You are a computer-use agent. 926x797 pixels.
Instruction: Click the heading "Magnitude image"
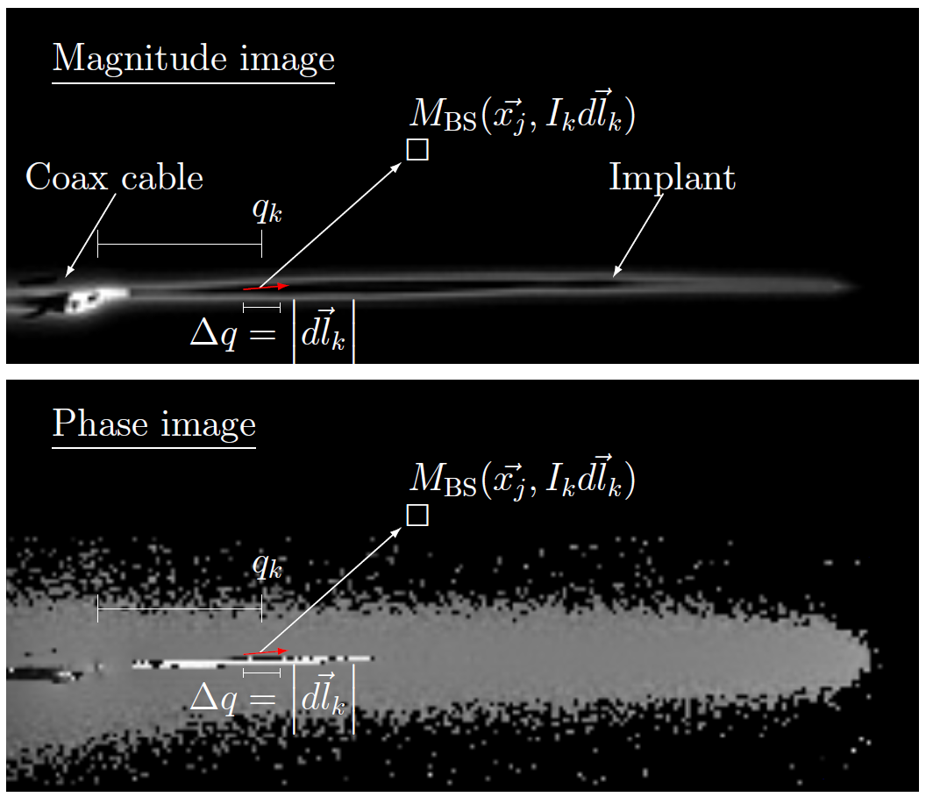pos(193,60)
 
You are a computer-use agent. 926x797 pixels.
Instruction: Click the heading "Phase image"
pos(153,424)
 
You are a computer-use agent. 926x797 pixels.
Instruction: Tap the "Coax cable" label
pos(114,178)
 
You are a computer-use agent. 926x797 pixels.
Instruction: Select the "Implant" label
pos(672,178)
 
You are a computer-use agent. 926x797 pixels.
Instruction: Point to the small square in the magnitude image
pos(417,150)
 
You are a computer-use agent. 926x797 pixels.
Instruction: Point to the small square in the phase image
pos(417,516)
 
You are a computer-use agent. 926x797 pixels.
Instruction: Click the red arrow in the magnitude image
pos(266,287)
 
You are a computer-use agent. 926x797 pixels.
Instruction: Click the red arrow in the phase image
pos(266,651)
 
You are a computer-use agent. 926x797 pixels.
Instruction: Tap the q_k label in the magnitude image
pos(267,211)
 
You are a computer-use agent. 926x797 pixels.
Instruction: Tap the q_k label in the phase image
pos(267,567)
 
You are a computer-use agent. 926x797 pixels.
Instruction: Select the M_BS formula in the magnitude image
pos(522,116)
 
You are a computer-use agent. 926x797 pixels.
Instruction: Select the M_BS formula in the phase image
pos(522,480)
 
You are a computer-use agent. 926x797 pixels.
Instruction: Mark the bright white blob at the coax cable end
pos(95,299)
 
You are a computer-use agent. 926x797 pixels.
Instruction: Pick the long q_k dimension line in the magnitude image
pos(180,245)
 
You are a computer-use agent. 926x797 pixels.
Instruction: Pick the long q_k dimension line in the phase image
pos(180,608)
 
